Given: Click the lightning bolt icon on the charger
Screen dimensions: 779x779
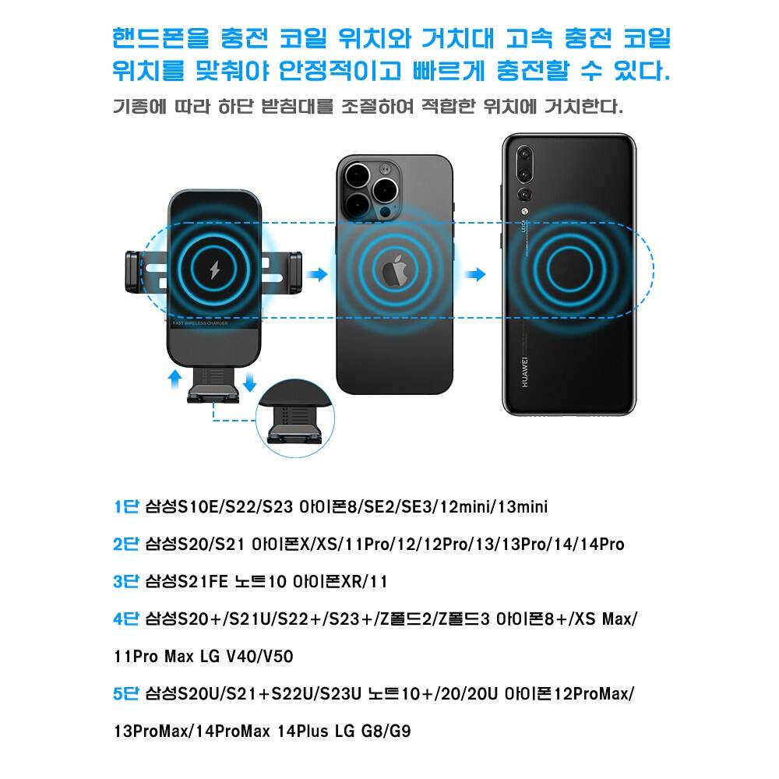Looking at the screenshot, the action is pyautogui.click(x=215, y=270).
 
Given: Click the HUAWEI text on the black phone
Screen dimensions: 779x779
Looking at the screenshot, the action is pyautogui.click(x=524, y=372).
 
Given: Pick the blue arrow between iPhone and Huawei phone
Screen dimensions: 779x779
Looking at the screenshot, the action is pyautogui.click(x=475, y=273).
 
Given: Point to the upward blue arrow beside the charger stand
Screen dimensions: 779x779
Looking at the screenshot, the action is pyautogui.click(x=174, y=379).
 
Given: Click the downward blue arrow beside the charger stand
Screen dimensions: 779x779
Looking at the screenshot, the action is pyautogui.click(x=250, y=381).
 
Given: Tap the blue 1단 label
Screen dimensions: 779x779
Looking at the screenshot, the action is pyautogui.click(x=126, y=507).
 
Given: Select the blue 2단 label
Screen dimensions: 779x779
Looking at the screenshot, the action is pyautogui.click(x=126, y=544).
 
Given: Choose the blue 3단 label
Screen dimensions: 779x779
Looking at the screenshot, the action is pyautogui.click(x=126, y=581).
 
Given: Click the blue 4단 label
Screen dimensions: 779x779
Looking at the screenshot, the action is pyautogui.click(x=126, y=619).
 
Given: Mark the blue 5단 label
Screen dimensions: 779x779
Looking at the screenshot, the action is pyautogui.click(x=126, y=693).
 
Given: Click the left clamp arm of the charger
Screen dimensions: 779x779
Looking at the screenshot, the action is pyautogui.click(x=133, y=272).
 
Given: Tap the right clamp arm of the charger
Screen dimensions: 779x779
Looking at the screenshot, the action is pyautogui.click(x=294, y=272).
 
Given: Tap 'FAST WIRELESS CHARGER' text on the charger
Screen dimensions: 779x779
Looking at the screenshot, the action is pyautogui.click(x=200, y=323).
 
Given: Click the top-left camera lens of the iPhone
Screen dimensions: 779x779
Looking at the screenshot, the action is pyautogui.click(x=357, y=175).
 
